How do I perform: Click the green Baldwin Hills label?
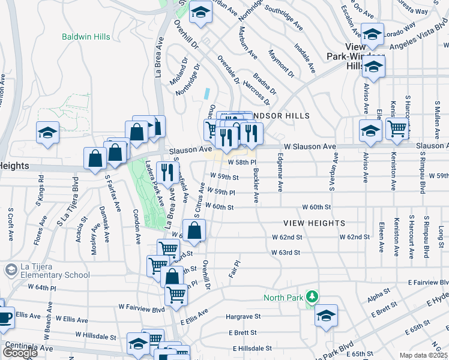pyautogui.click(x=86, y=37)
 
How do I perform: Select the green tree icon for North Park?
pyautogui.click(x=312, y=296)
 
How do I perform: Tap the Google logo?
pyautogui.click(x=19, y=352)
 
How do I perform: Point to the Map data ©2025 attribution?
pyautogui.click(x=423, y=355)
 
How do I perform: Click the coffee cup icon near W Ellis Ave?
pyautogui.click(x=5, y=317)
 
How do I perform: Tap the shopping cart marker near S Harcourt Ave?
pyautogui.click(x=397, y=128)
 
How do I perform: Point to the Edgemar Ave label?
pyautogui.click(x=279, y=173)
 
